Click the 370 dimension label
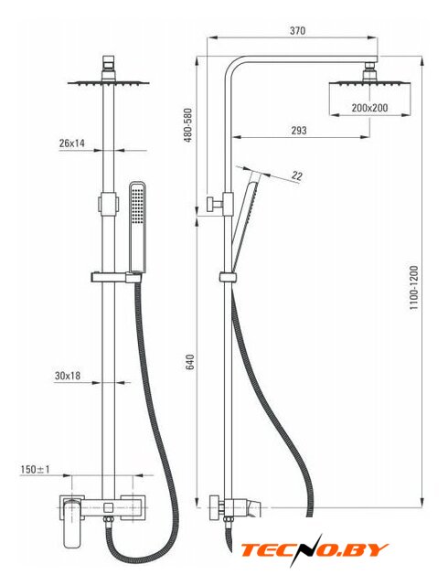coord(297,30)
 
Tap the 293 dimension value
coord(299,131)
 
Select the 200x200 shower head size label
coord(369,108)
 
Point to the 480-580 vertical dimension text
coord(188,125)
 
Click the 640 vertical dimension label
coord(189,362)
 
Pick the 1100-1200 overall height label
coord(414,288)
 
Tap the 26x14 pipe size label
coord(72,143)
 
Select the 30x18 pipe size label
coord(68,376)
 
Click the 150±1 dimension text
coord(35,469)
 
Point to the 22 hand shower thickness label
coord(297,175)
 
